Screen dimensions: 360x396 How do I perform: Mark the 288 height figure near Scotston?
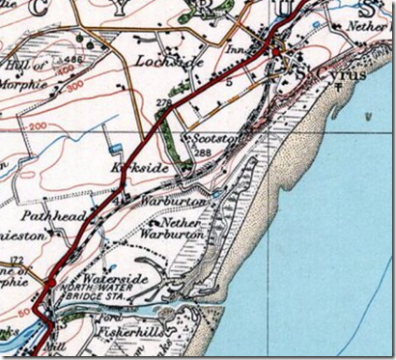tap(202, 152)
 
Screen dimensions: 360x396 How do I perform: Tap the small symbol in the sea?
tap(369, 116)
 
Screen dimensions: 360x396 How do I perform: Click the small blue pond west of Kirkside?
tap(117, 150)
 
